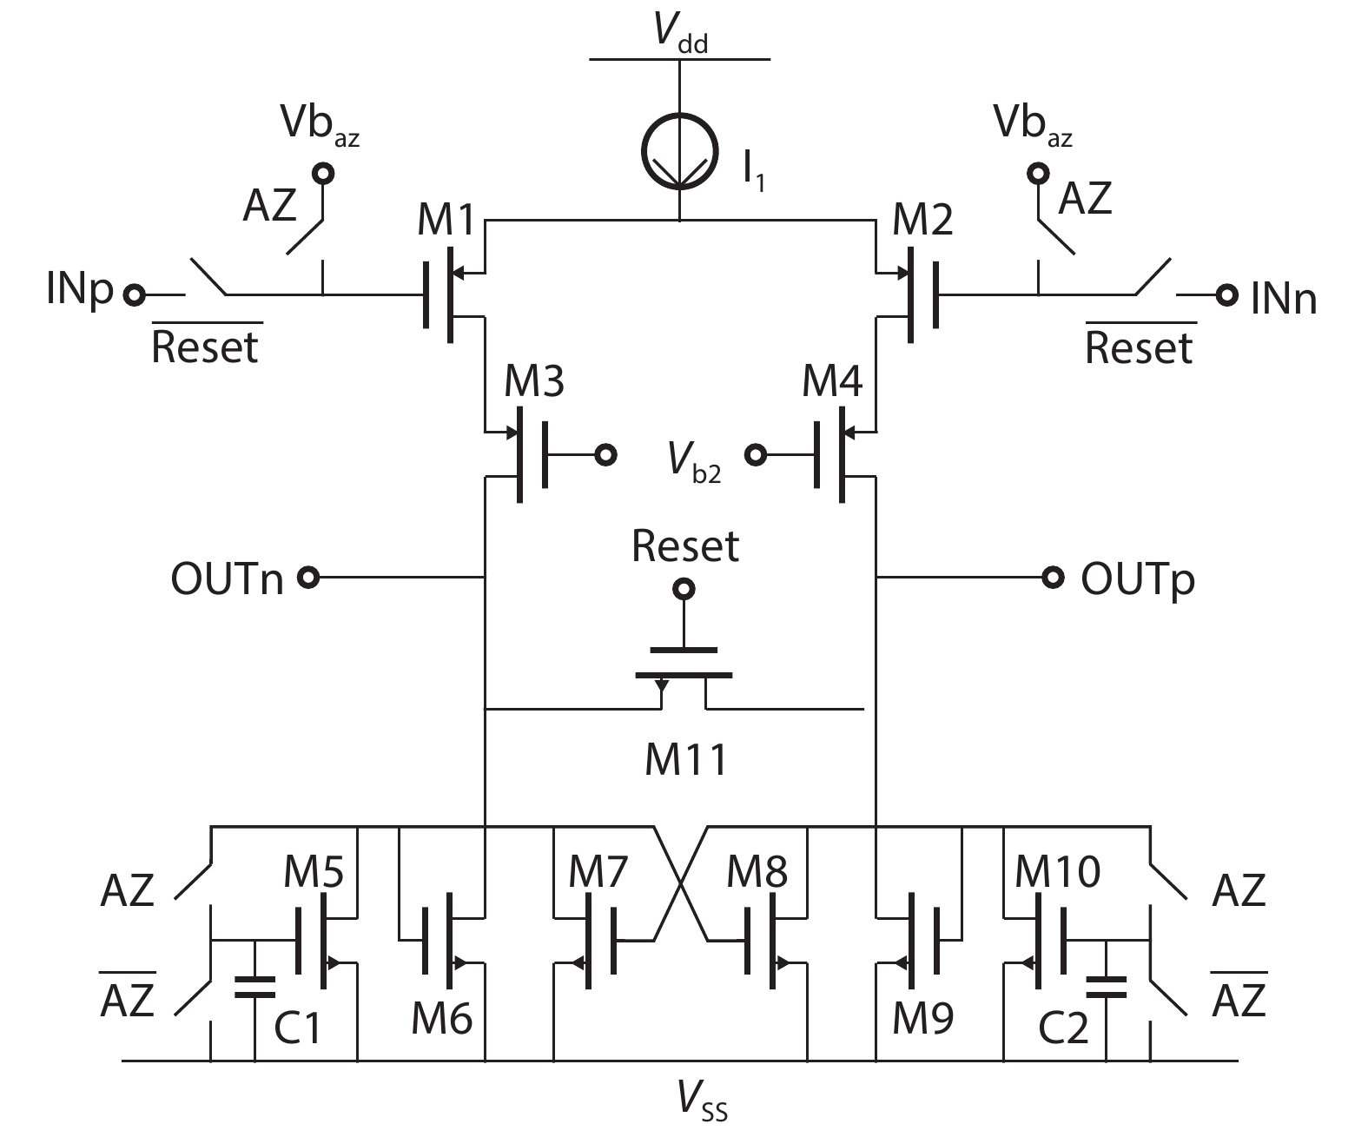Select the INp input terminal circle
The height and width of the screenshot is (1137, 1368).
134,295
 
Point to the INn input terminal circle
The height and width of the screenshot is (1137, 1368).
1226,295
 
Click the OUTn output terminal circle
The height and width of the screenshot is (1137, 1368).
307,577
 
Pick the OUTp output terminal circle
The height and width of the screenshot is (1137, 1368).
1054,577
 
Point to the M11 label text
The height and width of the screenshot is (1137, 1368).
686,759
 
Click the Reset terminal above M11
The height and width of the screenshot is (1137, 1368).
685,590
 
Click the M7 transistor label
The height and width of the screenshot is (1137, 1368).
598,871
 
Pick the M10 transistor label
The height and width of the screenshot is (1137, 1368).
1057,871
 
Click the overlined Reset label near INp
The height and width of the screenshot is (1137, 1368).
206,346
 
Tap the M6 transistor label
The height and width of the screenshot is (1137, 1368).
441,1018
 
